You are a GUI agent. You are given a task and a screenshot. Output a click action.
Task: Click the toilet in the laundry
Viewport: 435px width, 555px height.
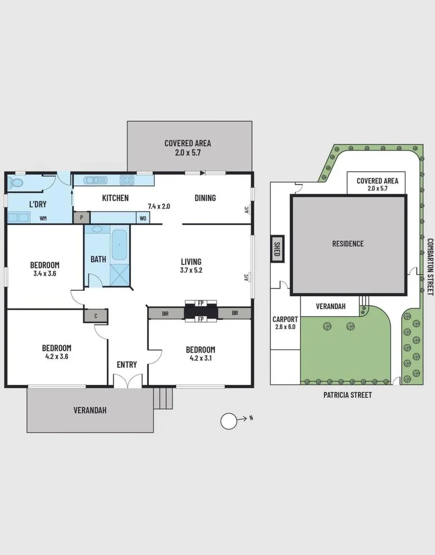[15, 183]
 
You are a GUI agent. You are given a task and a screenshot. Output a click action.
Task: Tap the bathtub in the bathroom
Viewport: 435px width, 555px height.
[119, 244]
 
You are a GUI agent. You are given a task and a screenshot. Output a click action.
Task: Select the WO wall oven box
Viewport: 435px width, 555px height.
[143, 218]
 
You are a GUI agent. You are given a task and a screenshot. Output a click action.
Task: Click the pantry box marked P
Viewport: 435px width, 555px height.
[82, 217]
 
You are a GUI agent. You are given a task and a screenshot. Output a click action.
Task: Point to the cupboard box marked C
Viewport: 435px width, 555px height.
[96, 316]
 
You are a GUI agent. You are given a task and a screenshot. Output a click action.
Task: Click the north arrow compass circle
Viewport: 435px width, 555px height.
[229, 421]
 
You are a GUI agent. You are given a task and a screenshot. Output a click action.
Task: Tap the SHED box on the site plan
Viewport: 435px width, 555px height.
[277, 249]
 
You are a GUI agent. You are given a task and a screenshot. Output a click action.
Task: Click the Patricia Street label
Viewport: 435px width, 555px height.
[347, 395]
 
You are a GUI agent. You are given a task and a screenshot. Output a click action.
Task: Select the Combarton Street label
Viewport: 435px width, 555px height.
[430, 266]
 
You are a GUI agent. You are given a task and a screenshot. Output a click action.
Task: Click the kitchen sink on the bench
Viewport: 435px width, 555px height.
[95, 180]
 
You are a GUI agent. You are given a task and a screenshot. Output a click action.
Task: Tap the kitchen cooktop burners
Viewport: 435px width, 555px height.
[127, 180]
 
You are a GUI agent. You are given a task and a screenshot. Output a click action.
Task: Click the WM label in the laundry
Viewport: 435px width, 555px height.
[43, 218]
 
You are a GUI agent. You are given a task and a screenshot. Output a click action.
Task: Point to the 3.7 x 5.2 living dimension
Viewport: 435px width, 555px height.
[191, 270]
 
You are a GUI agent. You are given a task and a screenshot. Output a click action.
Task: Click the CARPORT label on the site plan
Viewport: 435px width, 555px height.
[285, 319]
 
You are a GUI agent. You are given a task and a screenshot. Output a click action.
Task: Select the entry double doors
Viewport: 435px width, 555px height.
[128, 381]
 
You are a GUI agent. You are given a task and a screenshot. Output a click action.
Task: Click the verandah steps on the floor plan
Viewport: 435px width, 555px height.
[163, 398]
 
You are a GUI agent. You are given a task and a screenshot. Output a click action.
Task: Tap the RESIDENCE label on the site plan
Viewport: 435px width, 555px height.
[348, 243]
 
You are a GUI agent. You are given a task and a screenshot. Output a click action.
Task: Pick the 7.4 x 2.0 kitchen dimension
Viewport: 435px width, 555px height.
[159, 206]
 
